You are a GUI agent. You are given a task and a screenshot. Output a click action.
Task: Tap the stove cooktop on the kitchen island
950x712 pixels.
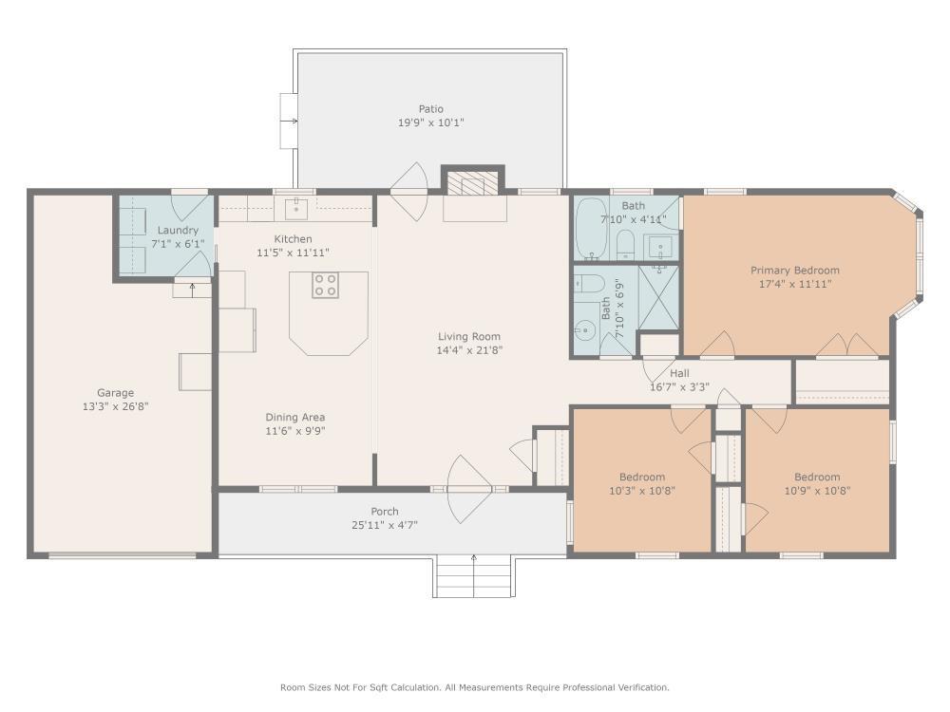tap(326, 285)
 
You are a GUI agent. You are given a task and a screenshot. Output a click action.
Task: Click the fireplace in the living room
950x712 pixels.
tap(473, 184)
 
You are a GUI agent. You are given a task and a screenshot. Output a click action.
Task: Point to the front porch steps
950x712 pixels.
tap(474, 576)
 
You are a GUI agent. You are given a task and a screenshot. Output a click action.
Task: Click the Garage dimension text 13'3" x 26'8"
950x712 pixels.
tap(115, 406)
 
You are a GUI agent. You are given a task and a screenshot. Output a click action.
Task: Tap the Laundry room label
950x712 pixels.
tap(178, 231)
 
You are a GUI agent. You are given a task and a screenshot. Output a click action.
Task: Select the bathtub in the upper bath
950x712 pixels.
tap(592, 228)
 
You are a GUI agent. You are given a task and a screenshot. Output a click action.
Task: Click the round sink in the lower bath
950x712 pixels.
tap(584, 331)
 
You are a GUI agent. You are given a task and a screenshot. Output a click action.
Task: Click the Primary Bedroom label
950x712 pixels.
tap(794, 271)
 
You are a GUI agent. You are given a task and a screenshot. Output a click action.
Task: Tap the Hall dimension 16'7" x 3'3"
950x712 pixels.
tap(679, 387)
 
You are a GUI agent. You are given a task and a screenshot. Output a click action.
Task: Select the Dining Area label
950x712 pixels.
tap(295, 417)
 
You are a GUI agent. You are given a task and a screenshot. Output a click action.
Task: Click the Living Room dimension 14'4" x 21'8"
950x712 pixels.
tap(468, 350)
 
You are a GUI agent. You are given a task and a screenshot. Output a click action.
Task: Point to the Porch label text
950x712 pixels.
tap(385, 512)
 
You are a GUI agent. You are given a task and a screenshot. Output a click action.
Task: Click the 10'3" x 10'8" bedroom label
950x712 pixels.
tap(642, 477)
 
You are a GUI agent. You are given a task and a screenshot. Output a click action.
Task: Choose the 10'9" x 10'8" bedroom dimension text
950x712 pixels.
tap(817, 491)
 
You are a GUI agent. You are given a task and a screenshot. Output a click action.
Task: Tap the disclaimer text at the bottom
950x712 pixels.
tap(474, 687)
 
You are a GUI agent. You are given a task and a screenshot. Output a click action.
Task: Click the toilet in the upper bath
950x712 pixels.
tap(625, 246)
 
